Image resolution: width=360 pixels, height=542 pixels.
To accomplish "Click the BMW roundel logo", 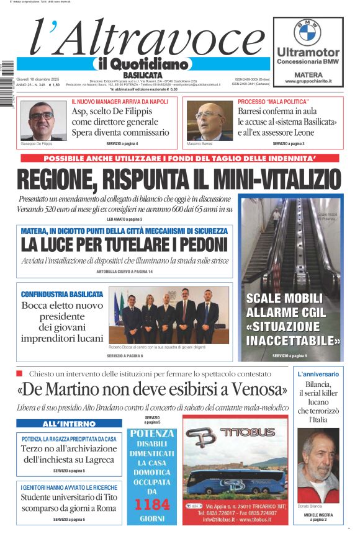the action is (308, 30).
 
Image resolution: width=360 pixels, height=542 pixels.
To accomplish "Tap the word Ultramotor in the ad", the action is (308, 52).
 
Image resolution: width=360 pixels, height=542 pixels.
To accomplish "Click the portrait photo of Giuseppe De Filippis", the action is (41, 120).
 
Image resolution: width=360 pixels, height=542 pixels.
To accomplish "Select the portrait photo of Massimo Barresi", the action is (208, 120).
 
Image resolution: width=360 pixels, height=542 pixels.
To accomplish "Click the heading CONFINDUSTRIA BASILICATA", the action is (62, 294).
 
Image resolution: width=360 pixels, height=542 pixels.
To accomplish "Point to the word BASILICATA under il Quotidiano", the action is (142, 74).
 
